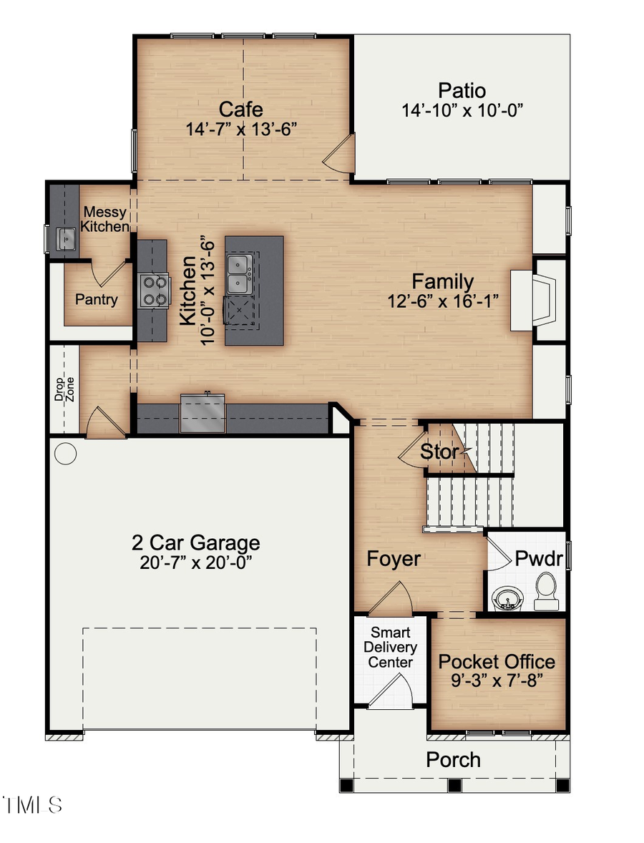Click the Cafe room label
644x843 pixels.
click(x=240, y=109)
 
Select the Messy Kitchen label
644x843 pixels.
click(x=104, y=219)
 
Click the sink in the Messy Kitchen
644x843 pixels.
click(x=66, y=238)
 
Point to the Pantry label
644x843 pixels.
click(x=96, y=300)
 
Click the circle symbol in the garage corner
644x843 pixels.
click(x=65, y=453)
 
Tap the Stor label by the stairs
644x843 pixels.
click(x=439, y=452)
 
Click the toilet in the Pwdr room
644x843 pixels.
click(x=547, y=590)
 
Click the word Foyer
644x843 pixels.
click(x=394, y=558)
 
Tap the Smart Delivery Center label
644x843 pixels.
click(x=390, y=647)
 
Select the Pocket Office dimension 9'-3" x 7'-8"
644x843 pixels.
click(x=497, y=681)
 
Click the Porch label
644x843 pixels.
click(x=454, y=759)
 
